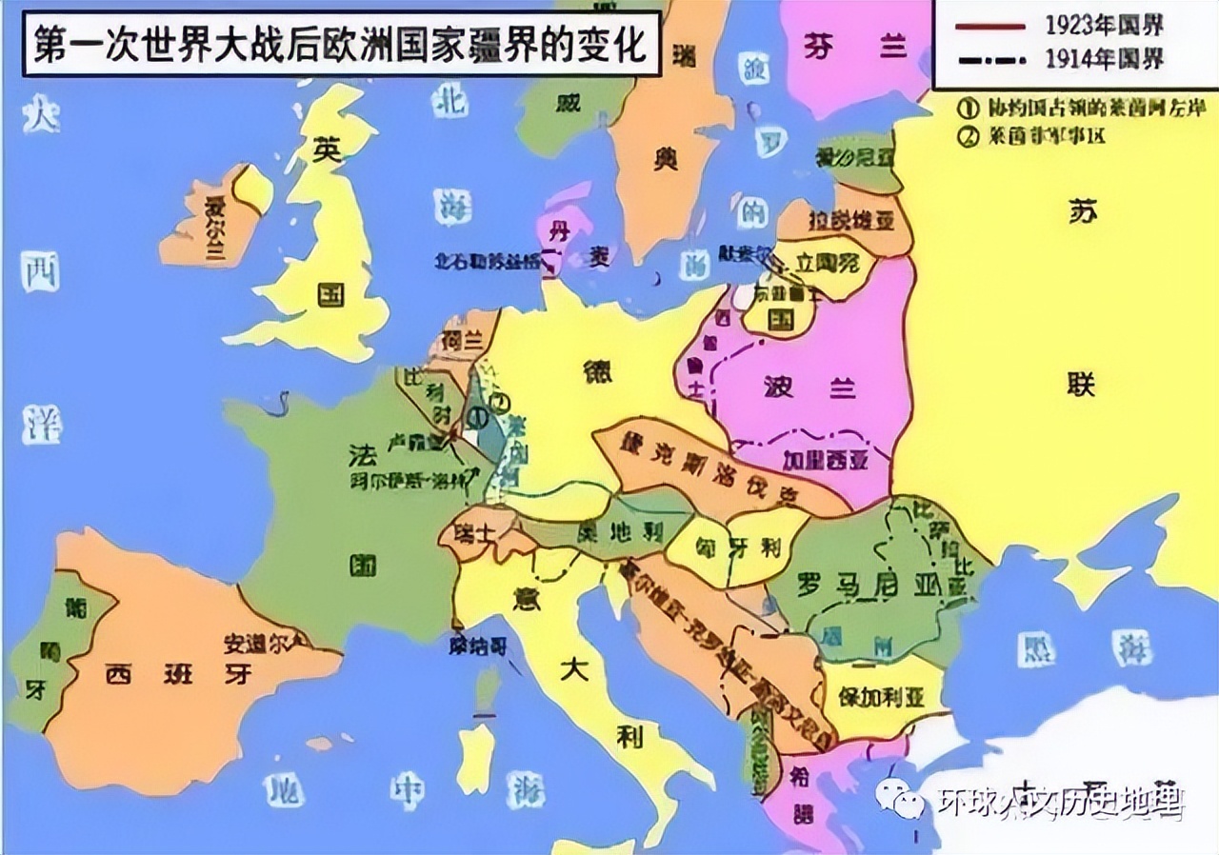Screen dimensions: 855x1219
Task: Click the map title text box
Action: click(338, 44)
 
